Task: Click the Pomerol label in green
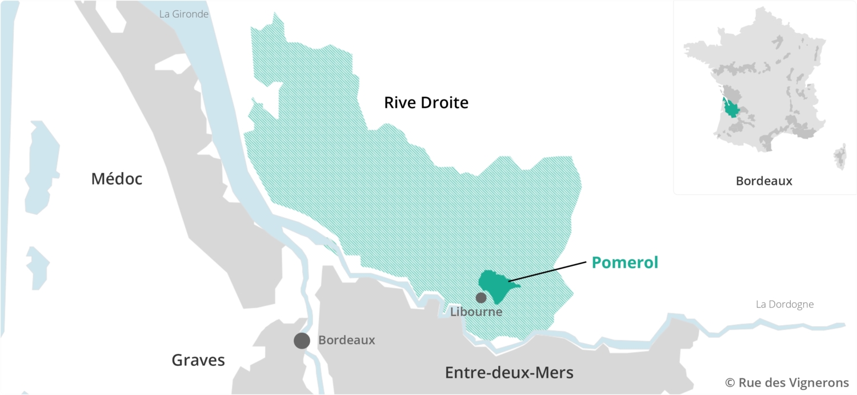point(624,262)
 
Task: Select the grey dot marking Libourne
point(481,297)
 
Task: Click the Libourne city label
point(476,312)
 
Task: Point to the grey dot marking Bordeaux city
point(302,341)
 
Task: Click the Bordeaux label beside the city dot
point(346,340)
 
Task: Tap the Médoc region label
point(117,179)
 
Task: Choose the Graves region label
point(198,360)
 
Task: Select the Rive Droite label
point(426,103)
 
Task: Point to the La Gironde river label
point(184,14)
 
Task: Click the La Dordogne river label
point(784,304)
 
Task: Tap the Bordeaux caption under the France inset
point(764,181)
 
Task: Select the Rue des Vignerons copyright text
point(787,382)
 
